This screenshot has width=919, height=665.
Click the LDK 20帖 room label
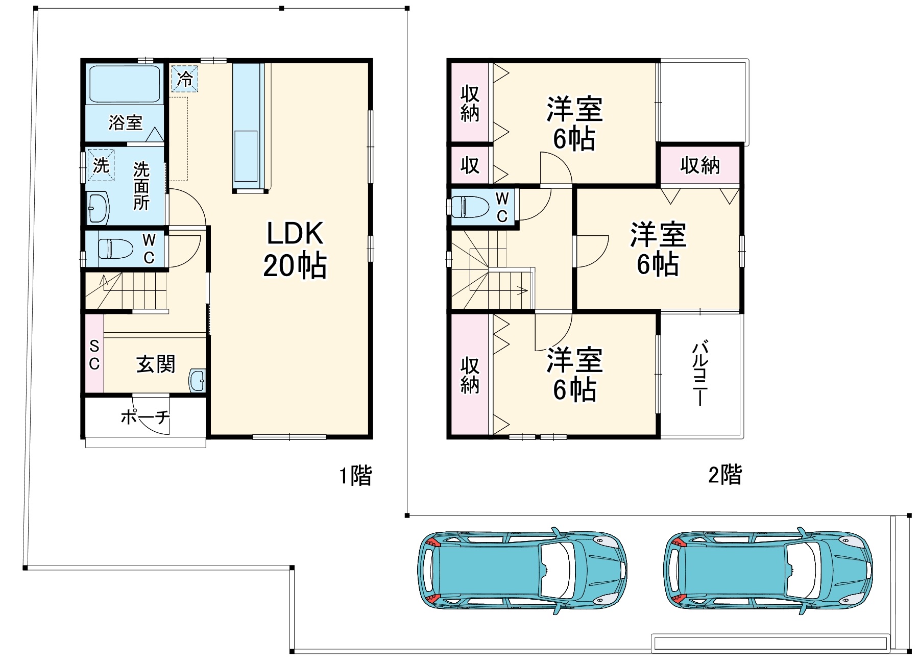coord(295,250)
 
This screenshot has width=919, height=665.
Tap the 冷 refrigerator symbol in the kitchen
coord(184,79)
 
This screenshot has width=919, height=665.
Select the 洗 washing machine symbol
coord(101,165)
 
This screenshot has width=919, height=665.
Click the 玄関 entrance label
coord(155,364)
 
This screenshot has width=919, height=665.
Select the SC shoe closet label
coord(94,355)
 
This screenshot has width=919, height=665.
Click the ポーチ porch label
coord(145,417)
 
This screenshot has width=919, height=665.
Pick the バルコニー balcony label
coord(700,374)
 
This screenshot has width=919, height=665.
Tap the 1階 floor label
coord(356,475)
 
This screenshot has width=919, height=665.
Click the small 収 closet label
coord(470,165)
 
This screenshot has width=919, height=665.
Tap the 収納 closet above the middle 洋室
coord(699,165)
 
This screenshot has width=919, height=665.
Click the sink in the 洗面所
coord(98,208)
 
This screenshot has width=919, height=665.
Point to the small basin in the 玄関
coord(197,380)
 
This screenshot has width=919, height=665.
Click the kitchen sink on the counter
coord(246,156)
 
